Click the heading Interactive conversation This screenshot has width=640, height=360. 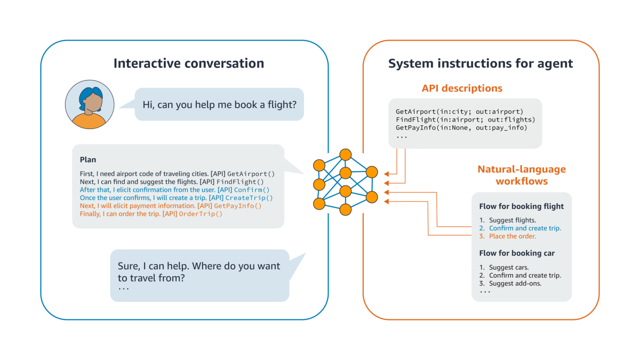pyautogui.click(x=188, y=63)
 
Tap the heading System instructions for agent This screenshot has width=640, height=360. pyautogui.click(x=480, y=63)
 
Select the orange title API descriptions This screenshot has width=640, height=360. pyautogui.click(x=462, y=88)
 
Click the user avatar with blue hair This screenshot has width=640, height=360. pyautogui.click(x=89, y=105)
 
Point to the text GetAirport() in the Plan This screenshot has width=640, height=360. pyautogui.click(x=251, y=173)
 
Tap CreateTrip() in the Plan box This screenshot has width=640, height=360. pyautogui.click(x=253, y=197)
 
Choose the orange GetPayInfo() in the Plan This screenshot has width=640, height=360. pyautogui.click(x=238, y=205)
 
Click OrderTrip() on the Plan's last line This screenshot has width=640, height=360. pyautogui.click(x=201, y=213)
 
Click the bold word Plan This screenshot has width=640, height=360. pyautogui.click(x=88, y=159)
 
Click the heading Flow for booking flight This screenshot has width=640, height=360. pyautogui.click(x=521, y=206)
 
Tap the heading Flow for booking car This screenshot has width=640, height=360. pyautogui.click(x=517, y=253)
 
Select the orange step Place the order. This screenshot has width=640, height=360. pyautogui.click(x=513, y=236)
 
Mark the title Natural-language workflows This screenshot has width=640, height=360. pyautogui.click(x=522, y=175)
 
